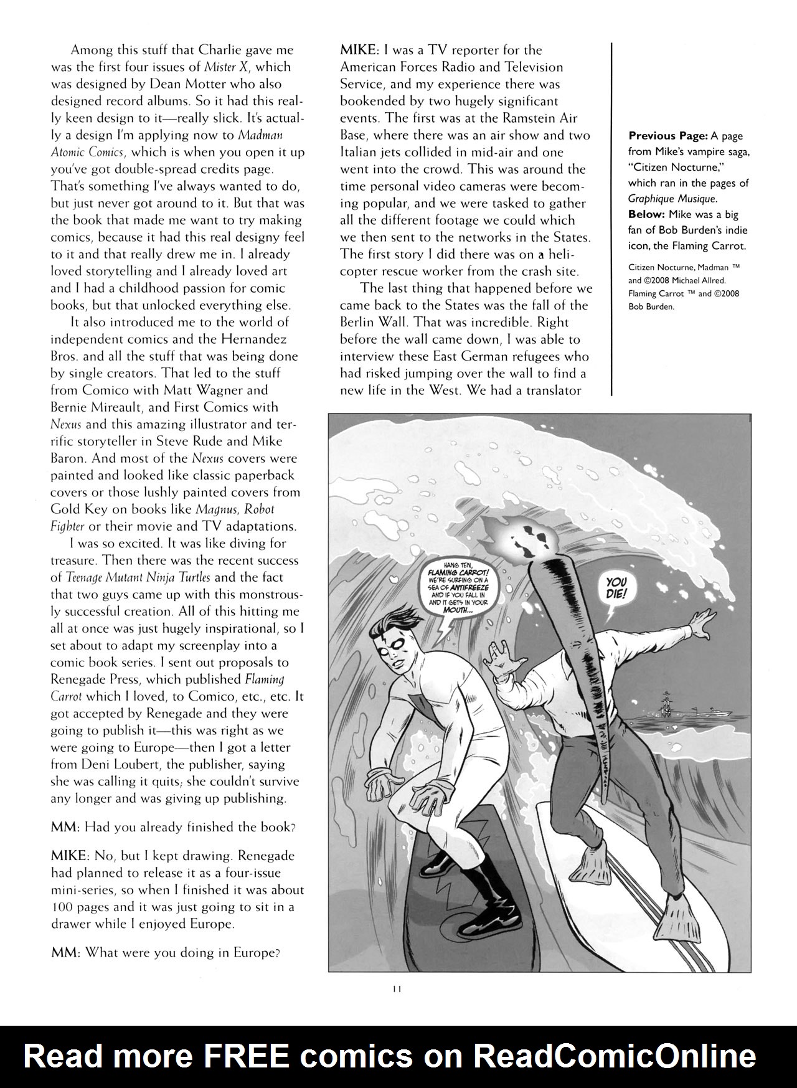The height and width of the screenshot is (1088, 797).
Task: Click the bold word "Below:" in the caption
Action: [x=648, y=214]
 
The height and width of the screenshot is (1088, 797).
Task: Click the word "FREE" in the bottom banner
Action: [x=249, y=1056]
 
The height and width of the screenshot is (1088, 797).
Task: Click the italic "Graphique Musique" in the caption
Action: [x=672, y=199]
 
